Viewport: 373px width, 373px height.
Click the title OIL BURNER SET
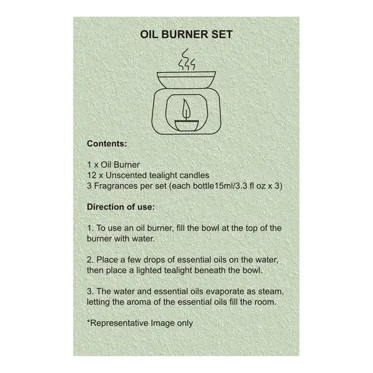[186, 35]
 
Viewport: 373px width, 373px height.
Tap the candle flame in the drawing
[186, 109]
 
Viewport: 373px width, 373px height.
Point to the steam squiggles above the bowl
[187, 60]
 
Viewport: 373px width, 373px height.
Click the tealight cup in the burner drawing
[186, 126]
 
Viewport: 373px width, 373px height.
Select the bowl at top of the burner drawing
[186, 80]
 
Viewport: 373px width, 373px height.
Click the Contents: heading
[107, 144]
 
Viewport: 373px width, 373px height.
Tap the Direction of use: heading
[121, 207]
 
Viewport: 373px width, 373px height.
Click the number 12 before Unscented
[92, 175]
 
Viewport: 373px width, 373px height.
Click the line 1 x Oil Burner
[113, 165]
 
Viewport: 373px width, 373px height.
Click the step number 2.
[90, 260]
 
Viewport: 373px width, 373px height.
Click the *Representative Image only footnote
[140, 323]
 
